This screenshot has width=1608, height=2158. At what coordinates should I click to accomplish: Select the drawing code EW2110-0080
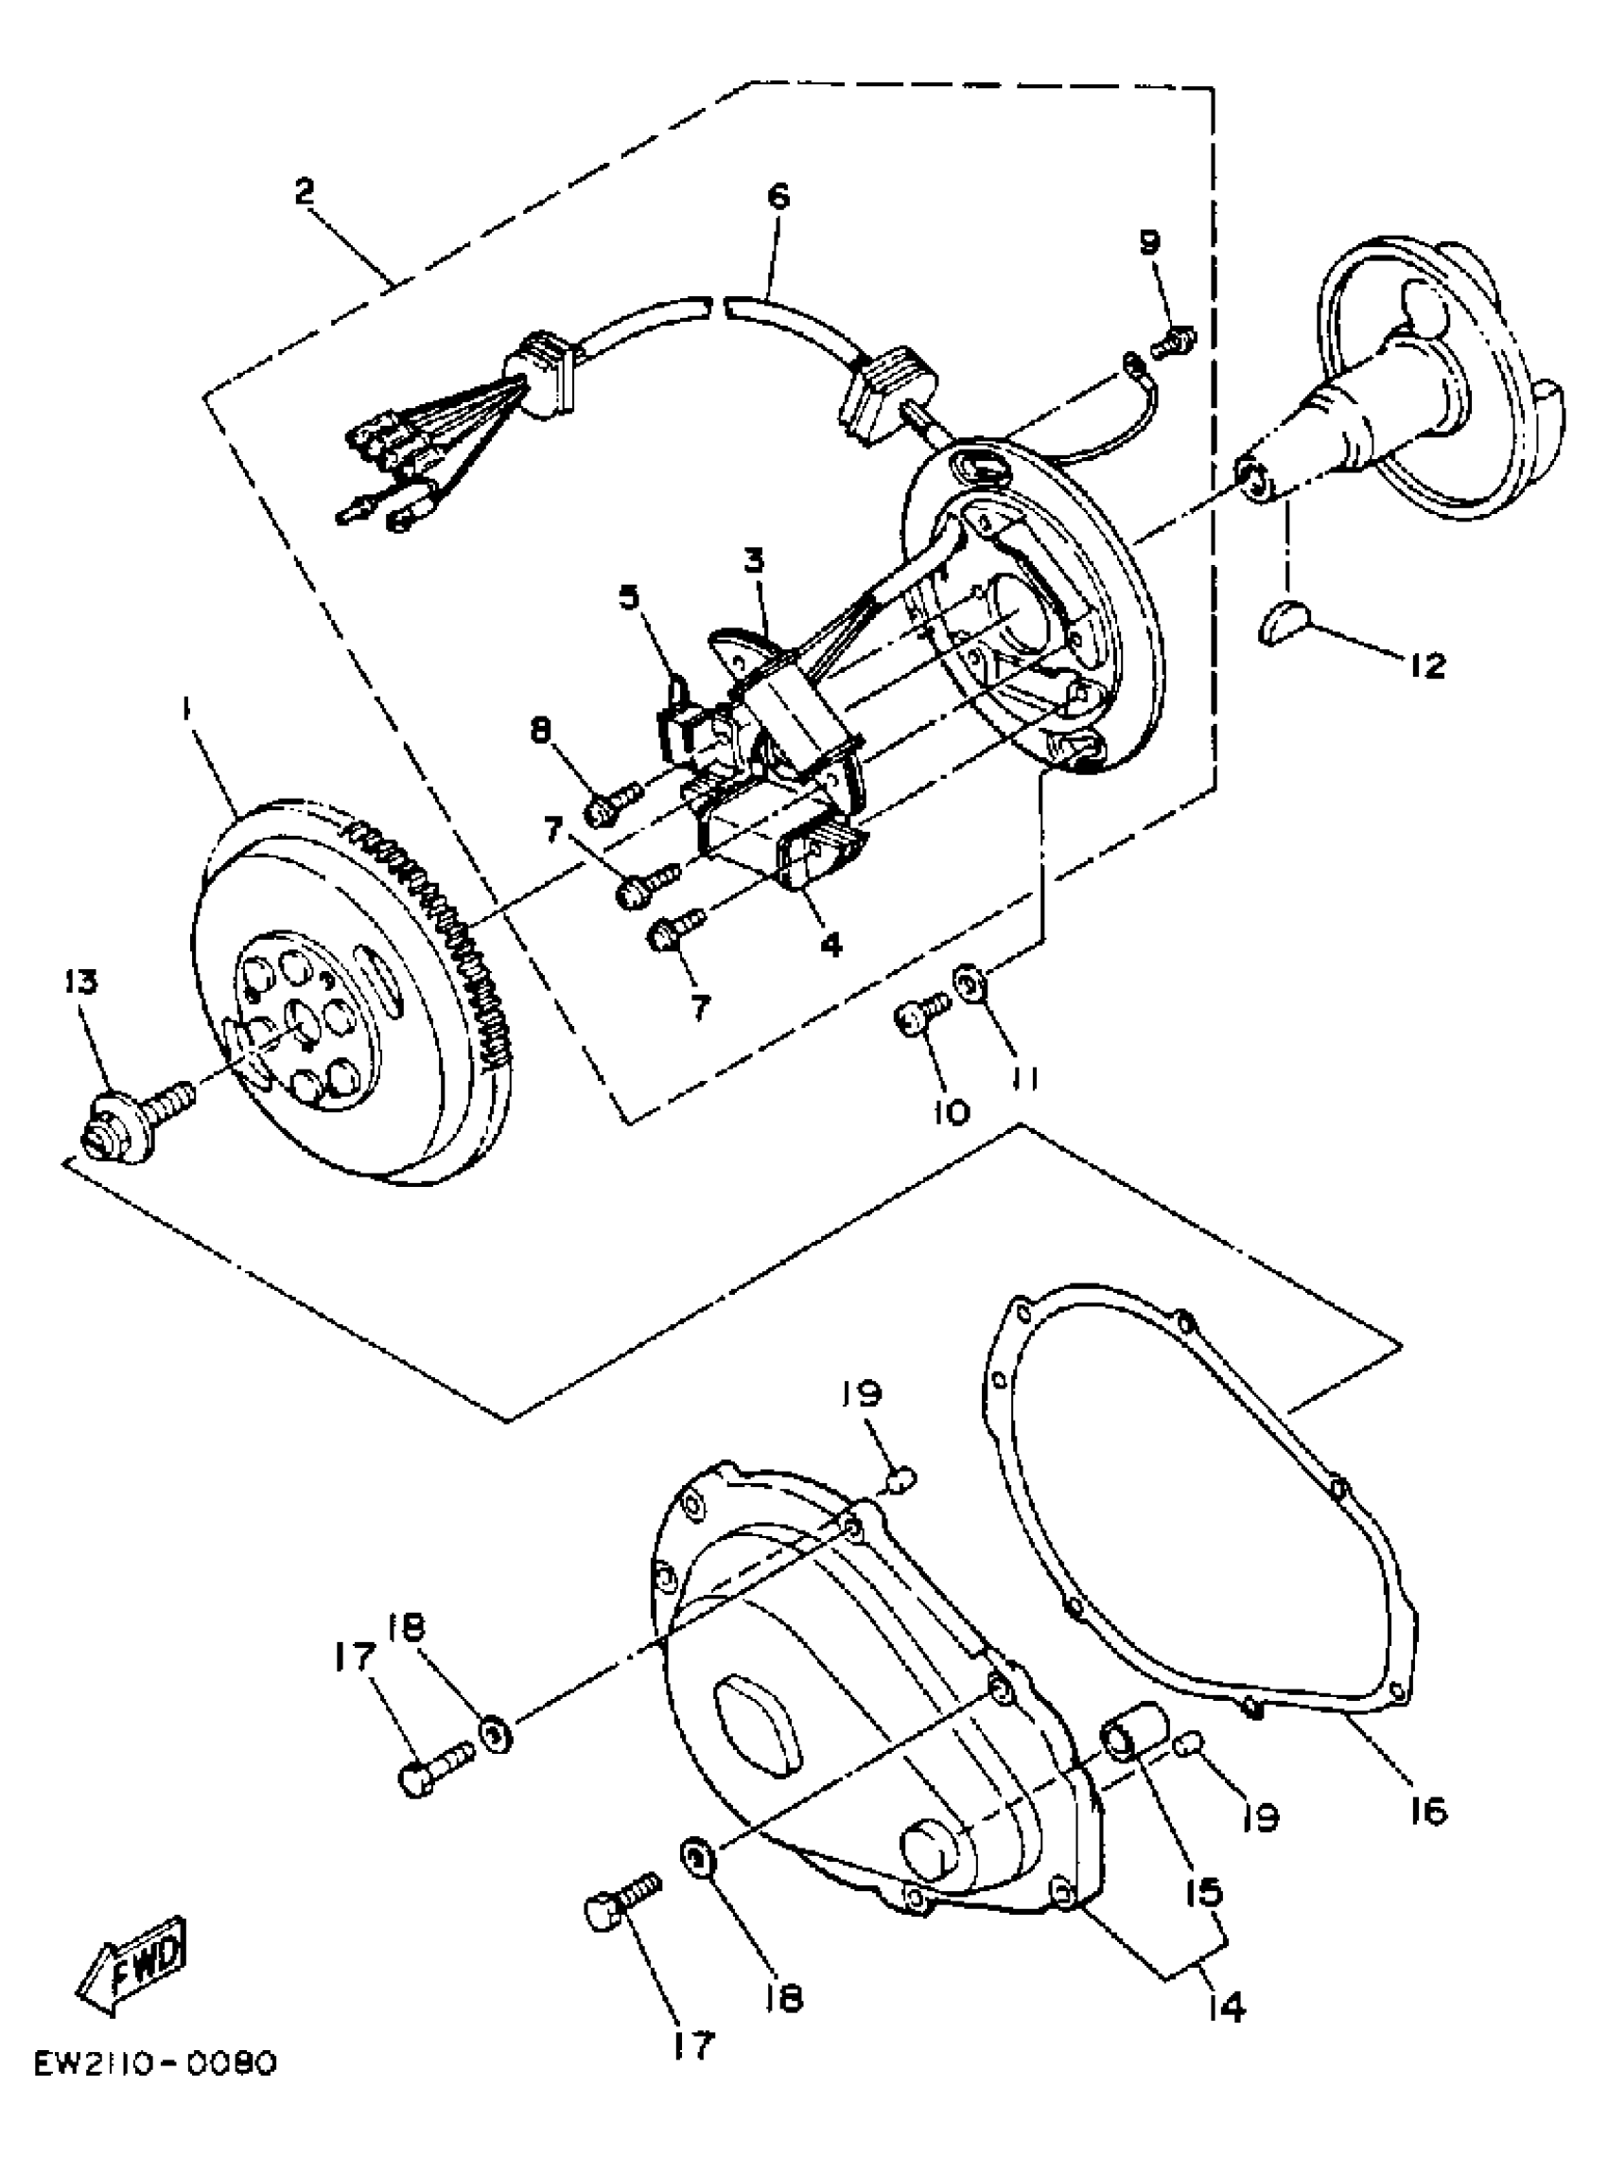click(x=156, y=2091)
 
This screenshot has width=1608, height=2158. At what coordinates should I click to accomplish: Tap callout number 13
click(x=82, y=982)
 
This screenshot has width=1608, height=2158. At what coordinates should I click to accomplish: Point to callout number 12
click(x=1427, y=666)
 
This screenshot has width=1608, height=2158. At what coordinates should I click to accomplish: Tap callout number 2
click(x=306, y=192)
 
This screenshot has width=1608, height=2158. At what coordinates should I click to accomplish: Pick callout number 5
click(x=630, y=596)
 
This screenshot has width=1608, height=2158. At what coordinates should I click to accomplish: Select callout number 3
click(x=756, y=561)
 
